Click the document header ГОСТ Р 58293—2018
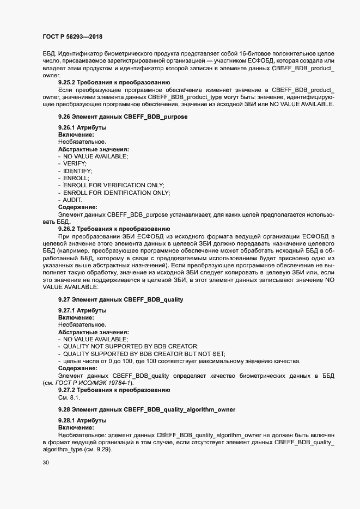pos(72,37)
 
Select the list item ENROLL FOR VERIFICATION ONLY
pos(113,185)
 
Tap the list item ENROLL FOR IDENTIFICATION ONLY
pos(116,193)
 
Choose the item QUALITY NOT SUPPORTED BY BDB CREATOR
pos(130,347)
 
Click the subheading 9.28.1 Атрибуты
pos(82,421)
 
